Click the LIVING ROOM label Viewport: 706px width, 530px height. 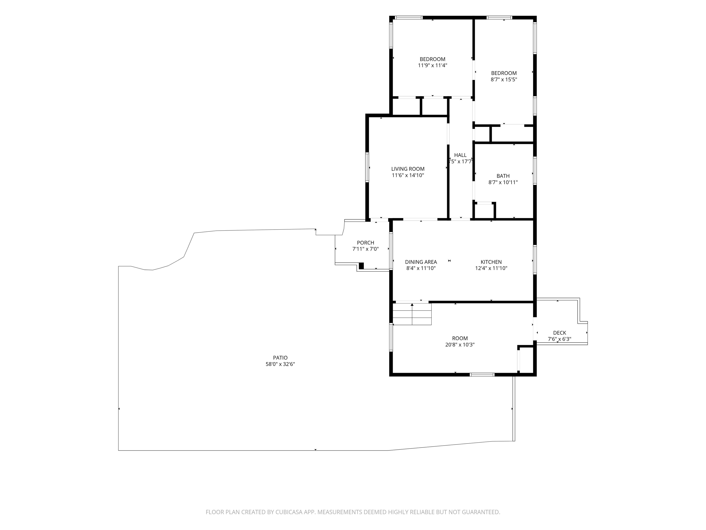[408, 169]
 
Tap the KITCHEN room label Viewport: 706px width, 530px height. [491, 262]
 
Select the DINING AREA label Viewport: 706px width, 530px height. [421, 262]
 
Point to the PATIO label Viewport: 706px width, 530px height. [280, 358]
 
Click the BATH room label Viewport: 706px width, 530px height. [503, 176]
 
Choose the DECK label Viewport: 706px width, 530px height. [560, 333]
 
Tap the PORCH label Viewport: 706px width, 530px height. [365, 243]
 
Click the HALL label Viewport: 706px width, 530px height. [460, 155]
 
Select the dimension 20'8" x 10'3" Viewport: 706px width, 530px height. [460, 345]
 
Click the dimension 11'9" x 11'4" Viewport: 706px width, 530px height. [433, 66]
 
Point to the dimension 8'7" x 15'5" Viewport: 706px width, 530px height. [504, 80]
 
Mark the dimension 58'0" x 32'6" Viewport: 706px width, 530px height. [280, 364]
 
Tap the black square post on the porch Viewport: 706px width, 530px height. [361, 266]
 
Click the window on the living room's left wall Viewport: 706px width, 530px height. [367, 167]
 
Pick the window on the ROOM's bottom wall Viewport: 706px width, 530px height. [482, 374]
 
